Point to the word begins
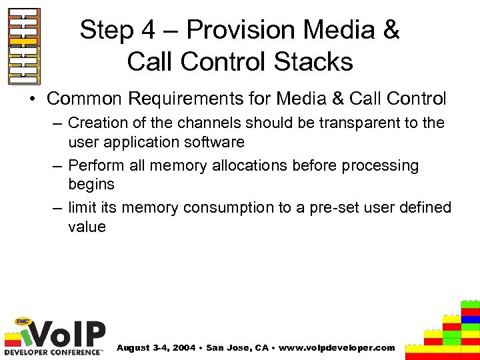pyautogui.click(x=91, y=184)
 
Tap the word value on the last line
pyautogui.click(x=87, y=227)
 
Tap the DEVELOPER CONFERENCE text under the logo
pyautogui.click(x=53, y=351)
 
